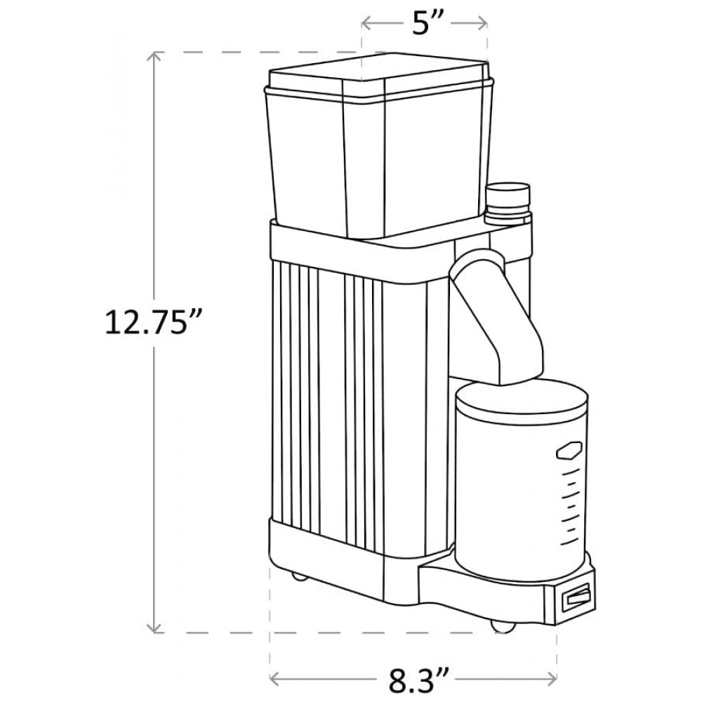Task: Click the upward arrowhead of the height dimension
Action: click(x=155, y=58)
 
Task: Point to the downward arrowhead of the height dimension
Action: click(x=155, y=627)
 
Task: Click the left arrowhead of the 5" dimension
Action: click(x=368, y=23)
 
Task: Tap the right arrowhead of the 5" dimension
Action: click(x=482, y=23)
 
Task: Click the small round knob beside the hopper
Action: click(x=508, y=203)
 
